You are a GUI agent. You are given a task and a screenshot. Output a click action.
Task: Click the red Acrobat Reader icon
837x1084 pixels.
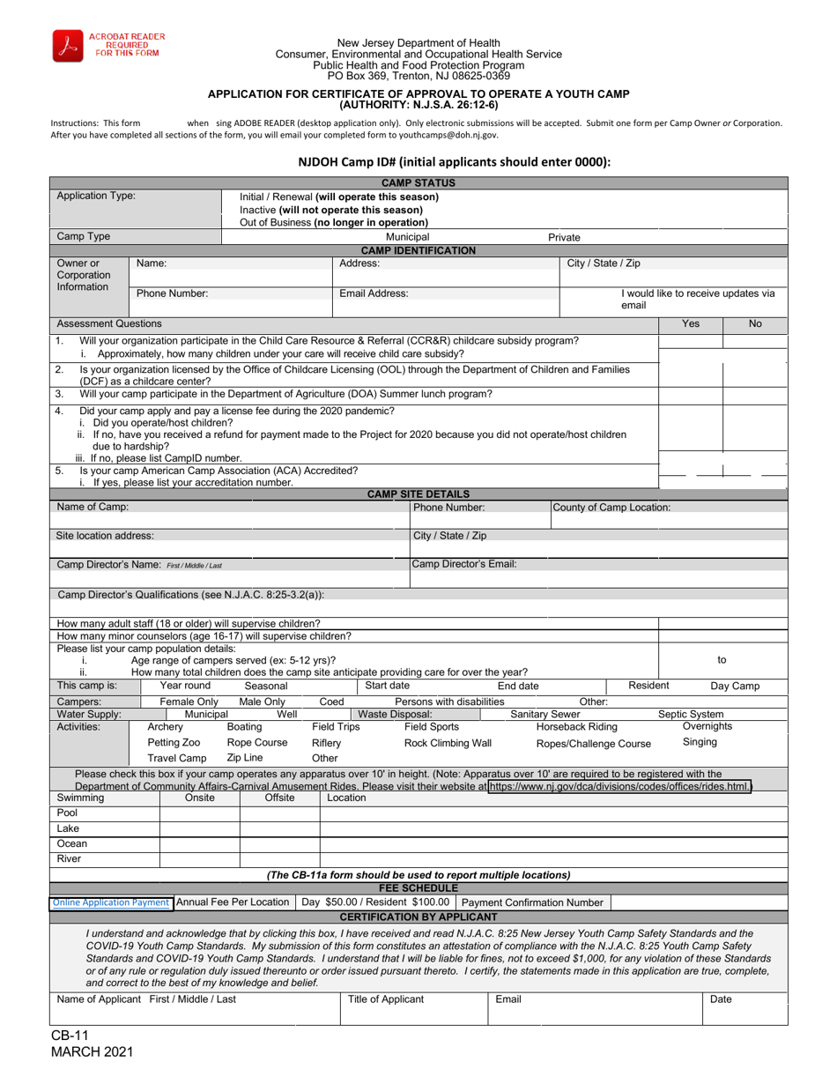(68, 45)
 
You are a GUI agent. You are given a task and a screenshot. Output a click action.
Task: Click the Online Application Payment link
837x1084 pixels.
(110, 902)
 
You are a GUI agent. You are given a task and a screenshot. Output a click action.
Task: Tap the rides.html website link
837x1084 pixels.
(619, 786)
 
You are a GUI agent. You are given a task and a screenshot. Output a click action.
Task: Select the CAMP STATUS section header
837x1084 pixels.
(418, 183)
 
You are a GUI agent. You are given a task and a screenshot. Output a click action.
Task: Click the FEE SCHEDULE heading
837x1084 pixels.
(418, 888)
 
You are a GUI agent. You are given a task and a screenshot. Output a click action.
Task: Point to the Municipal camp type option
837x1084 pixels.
(407, 237)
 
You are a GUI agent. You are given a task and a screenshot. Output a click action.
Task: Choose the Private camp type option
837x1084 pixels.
(564, 237)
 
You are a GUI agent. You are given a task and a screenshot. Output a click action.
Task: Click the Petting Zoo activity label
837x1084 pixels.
(174, 743)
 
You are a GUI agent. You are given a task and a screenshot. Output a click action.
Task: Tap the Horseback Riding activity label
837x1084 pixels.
(577, 727)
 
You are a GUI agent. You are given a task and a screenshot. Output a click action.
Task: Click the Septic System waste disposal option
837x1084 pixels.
(691, 715)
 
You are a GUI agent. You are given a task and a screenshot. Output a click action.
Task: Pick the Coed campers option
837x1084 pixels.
(331, 702)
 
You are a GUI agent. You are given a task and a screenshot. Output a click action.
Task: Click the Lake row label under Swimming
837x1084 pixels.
(68, 828)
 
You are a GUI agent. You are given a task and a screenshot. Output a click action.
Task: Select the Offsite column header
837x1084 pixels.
(279, 798)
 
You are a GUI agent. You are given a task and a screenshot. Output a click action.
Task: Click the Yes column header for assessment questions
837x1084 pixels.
(691, 323)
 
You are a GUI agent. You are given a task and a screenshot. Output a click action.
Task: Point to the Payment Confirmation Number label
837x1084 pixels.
(533, 902)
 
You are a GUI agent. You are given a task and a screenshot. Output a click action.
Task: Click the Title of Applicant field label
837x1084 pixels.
(386, 999)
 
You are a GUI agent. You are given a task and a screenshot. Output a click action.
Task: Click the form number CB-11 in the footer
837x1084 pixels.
(70, 1036)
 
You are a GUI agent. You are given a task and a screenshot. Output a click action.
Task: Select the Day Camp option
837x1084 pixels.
(735, 686)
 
